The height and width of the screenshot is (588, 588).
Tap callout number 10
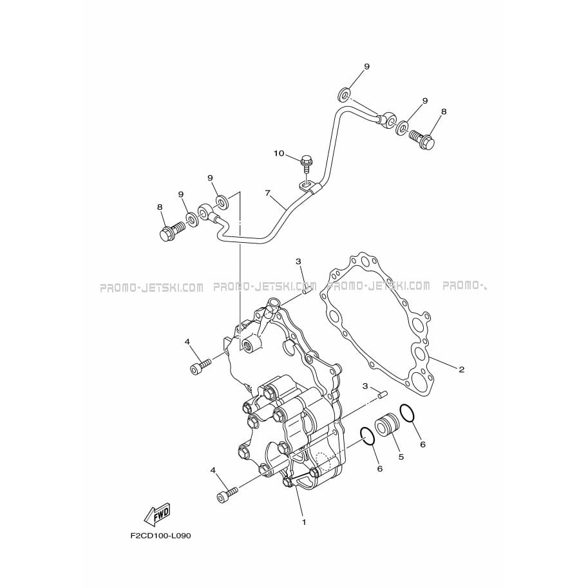279,153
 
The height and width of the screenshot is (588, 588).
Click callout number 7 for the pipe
268,193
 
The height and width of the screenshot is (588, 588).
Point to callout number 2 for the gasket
462,370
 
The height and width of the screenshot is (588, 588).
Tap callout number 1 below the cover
304,522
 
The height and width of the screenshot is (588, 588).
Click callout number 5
401,457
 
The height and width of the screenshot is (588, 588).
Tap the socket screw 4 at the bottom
227,494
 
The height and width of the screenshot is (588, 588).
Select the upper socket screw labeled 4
201,366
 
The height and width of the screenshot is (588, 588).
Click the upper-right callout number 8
444,111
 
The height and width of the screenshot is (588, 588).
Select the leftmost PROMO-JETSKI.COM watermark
151,288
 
